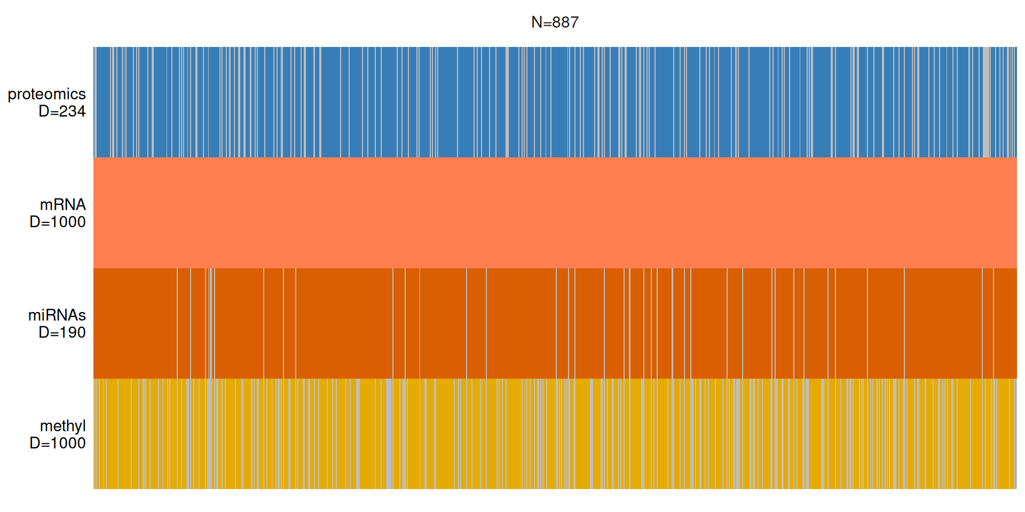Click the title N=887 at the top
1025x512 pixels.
click(555, 22)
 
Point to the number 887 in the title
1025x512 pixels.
click(565, 22)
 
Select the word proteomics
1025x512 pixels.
click(46, 94)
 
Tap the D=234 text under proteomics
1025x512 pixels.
click(62, 111)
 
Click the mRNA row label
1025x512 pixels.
click(62, 205)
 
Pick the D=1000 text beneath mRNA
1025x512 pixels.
click(58, 222)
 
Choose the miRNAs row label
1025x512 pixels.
click(57, 315)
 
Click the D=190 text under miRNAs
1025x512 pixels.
click(62, 333)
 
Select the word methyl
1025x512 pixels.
click(62, 426)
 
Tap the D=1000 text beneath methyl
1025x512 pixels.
click(58, 443)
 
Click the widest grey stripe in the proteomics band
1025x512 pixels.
click(987, 101)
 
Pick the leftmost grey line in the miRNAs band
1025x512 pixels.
click(177, 323)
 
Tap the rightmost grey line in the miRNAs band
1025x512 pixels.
click(994, 323)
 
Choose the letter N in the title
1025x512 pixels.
click(537, 22)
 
